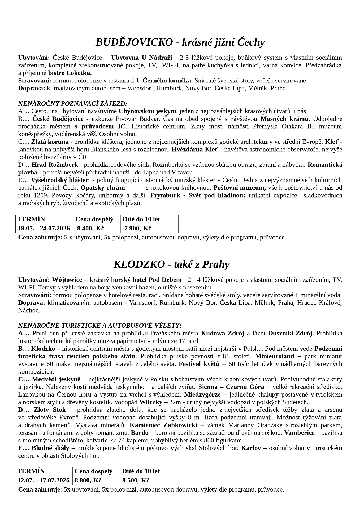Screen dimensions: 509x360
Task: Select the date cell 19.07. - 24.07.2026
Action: pyautogui.click(x=44, y=228)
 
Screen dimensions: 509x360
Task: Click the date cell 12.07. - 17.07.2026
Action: pyautogui.click(x=44, y=480)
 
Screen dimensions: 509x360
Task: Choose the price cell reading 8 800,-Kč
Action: pyautogui.click(x=88, y=480)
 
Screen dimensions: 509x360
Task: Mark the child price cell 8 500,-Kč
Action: pyautogui.click(x=136, y=480)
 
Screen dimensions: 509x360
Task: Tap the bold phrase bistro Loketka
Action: pyautogui.click(x=70, y=73)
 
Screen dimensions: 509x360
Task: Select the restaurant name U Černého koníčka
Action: pyautogui.click(x=163, y=81)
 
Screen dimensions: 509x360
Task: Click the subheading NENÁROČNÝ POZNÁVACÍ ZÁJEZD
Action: pyautogui.click(x=72, y=103)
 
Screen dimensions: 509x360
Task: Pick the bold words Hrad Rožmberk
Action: pyautogui.click(x=55, y=165)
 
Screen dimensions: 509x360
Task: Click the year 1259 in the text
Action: pyautogui.click(x=41, y=195)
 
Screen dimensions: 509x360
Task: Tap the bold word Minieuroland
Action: pyautogui.click(x=275, y=356)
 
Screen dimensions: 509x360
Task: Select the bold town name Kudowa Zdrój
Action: pyautogui.click(x=222, y=333)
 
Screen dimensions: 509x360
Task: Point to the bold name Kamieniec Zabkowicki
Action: pyautogui.click(x=163, y=425)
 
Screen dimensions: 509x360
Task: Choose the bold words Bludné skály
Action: pyautogui.click(x=50, y=448)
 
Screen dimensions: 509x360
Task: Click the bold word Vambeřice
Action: pyautogui.click(x=299, y=433)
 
